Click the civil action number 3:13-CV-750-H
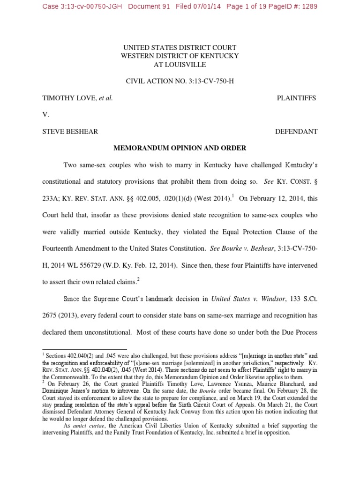point(207,81)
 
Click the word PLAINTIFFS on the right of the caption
point(296,98)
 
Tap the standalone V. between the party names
point(45,114)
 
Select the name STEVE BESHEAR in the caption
point(70,131)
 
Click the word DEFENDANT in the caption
point(296,131)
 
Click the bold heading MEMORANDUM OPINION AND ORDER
point(180,148)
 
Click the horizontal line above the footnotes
point(84,349)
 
